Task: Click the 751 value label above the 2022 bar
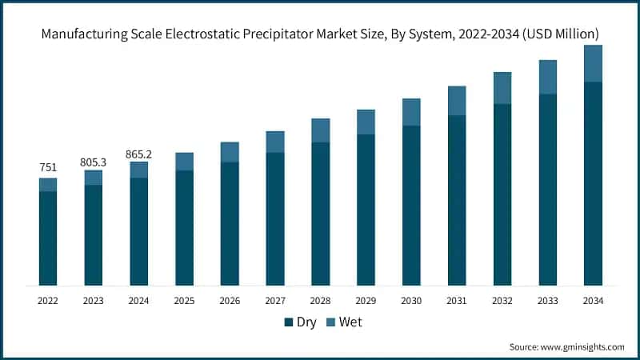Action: [x=47, y=168]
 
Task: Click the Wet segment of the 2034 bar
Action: [x=593, y=63]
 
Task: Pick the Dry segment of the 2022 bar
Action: [x=47, y=238]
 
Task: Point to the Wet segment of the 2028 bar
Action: [x=320, y=130]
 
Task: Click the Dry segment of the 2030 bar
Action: [x=411, y=205]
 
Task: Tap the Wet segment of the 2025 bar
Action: [x=184, y=162]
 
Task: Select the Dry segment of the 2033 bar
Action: [x=547, y=190]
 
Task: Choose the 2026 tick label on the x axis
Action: [x=230, y=301]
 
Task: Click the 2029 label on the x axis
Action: [x=366, y=301]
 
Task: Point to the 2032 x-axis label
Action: [x=502, y=301]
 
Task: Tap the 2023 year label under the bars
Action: [x=93, y=301]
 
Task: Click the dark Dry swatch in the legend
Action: [x=289, y=322]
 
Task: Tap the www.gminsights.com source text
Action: [x=583, y=346]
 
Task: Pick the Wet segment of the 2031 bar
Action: [x=457, y=101]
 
